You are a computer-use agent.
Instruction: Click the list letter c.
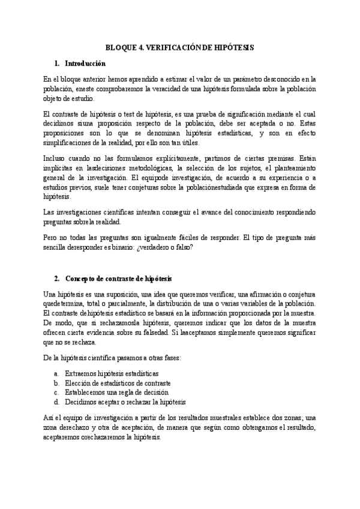point(55,392)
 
